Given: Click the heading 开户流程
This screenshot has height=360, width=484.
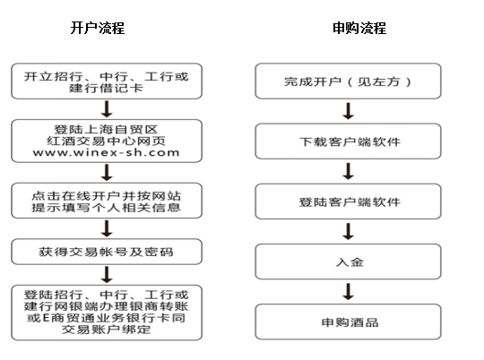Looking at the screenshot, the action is pos(98,28).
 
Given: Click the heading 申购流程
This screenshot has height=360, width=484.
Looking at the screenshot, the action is pos(359,28).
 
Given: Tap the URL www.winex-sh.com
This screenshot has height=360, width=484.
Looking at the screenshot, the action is pos(106,152).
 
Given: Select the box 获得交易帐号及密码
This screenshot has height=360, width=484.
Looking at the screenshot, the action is pos(107,252).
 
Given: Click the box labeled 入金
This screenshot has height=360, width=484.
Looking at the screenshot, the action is pos(348,261).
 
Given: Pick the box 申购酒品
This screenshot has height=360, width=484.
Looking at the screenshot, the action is pos(348,321).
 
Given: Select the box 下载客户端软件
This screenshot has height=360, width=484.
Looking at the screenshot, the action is pos(348,141).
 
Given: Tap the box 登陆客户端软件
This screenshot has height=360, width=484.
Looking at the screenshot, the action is pos(348,201).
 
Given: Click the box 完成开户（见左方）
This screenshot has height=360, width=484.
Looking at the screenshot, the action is pos(348,81).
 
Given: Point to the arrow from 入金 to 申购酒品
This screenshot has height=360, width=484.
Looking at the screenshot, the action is pos(348,292).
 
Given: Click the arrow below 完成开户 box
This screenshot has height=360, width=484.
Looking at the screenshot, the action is pos(348,111).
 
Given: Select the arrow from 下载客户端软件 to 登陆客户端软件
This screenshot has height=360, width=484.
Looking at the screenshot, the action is pos(348,171).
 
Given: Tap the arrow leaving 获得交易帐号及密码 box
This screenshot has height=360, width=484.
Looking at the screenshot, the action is pos(107,275).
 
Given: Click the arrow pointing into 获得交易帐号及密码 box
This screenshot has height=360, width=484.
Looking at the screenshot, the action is pos(107,228).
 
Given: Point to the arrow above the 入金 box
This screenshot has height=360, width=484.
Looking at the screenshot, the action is pos(348,231).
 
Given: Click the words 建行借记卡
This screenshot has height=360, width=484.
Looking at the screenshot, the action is pos(106,88).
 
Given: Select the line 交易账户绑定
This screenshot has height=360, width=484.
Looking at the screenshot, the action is pos(106,330).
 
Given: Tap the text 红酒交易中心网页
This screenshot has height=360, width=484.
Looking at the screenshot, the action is pos(106,141).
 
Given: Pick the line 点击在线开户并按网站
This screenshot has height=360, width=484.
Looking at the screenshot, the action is pos(106,195).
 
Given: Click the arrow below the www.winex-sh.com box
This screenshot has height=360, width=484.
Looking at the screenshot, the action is pos(107,173).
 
